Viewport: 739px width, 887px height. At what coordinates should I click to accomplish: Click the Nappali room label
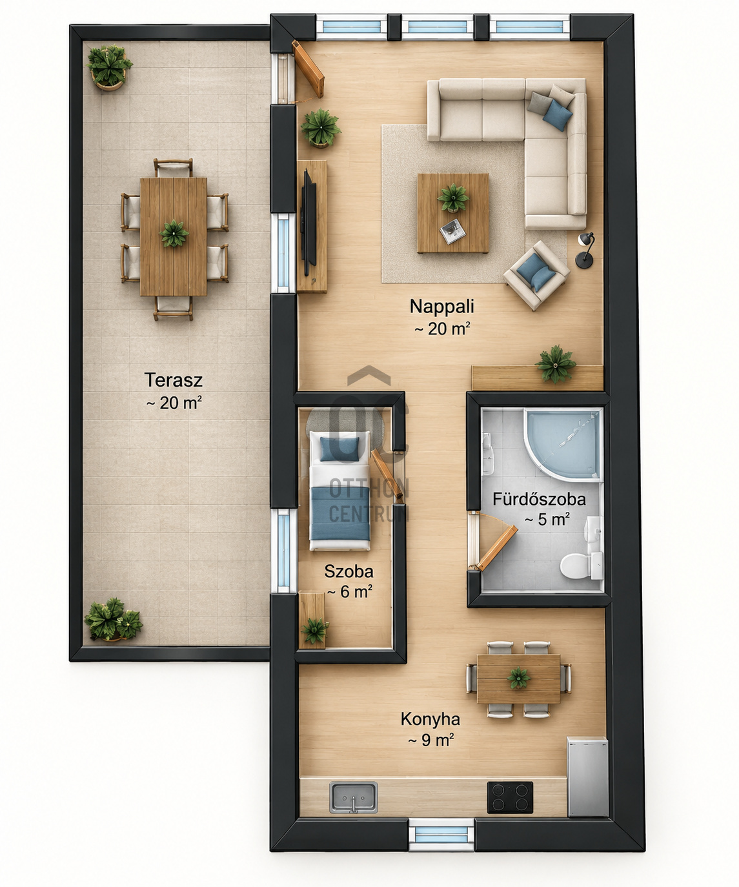(x=441, y=306)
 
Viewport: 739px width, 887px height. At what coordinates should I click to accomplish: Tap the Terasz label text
(x=173, y=380)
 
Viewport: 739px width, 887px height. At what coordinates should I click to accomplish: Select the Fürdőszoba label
(x=539, y=499)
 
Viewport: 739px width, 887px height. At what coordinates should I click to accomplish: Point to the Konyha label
(x=430, y=719)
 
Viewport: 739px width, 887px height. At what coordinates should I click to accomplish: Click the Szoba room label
(x=349, y=571)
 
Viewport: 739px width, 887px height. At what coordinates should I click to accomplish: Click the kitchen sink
(x=354, y=797)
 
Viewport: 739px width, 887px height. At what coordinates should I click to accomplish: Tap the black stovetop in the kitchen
(x=510, y=797)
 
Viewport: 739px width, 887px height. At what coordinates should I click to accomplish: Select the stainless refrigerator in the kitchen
(x=587, y=777)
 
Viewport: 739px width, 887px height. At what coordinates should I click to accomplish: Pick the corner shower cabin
(x=563, y=444)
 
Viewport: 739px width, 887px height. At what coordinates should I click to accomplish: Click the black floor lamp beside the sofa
(x=585, y=250)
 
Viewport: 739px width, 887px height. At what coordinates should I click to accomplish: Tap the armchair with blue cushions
(x=536, y=275)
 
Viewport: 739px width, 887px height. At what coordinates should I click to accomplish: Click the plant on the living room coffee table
(x=453, y=198)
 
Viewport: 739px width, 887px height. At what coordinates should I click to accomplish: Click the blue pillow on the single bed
(x=339, y=449)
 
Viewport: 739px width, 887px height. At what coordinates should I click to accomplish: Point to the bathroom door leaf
(x=496, y=547)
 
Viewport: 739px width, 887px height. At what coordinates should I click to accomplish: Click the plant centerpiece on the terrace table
(x=174, y=233)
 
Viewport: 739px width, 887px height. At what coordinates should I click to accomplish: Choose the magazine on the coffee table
(x=452, y=231)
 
